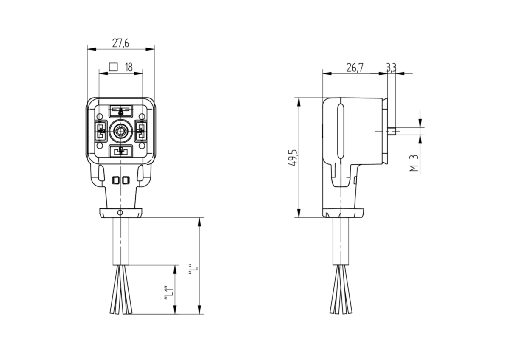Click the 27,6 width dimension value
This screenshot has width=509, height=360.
(x=120, y=43)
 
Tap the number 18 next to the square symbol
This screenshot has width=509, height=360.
(x=129, y=67)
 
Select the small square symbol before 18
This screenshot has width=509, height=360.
(x=113, y=67)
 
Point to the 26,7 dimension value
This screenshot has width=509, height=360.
(x=355, y=67)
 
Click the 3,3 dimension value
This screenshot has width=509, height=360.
(x=391, y=67)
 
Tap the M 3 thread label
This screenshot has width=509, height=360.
(x=414, y=163)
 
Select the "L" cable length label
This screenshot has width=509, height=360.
(x=193, y=270)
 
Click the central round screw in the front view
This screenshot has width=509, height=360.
(x=120, y=132)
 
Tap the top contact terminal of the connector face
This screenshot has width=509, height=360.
(x=120, y=111)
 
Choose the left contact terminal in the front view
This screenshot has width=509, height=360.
(x=101, y=132)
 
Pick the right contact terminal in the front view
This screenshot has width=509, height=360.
(x=141, y=132)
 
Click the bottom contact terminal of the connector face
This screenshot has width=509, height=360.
(x=120, y=151)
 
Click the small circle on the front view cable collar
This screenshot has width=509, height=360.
(x=120, y=213)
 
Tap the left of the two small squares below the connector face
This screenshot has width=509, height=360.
(x=116, y=180)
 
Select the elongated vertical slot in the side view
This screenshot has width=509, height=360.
(x=340, y=131)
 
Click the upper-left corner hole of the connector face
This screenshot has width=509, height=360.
(x=99, y=117)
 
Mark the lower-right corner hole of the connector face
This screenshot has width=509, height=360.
(x=142, y=146)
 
